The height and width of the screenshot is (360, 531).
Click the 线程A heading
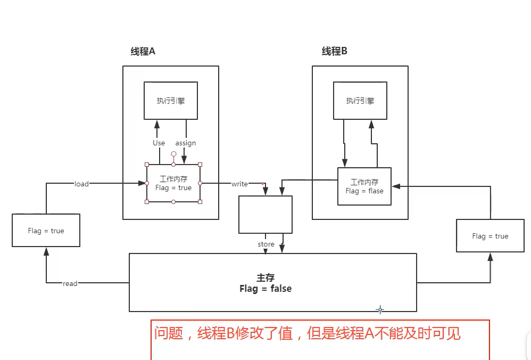143,51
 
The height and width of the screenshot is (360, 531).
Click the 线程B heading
334,51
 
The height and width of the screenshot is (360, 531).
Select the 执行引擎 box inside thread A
171,101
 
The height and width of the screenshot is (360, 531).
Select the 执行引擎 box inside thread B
360,101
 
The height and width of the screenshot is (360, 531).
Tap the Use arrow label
159,143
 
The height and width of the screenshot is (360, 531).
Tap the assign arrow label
186,143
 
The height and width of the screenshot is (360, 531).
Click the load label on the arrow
81,184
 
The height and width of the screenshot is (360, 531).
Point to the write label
239,184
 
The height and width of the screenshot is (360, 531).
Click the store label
266,244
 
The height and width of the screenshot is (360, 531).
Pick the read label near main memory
70,283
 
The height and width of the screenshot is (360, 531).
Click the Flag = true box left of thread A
46,231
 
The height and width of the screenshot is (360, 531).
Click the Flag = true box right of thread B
490,236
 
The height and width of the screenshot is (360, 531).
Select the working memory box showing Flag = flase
364,186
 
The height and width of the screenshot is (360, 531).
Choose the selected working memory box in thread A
173,184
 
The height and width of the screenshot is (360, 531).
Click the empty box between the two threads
265,215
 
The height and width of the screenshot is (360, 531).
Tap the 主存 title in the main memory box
265,277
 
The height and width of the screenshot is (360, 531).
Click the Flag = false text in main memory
265,289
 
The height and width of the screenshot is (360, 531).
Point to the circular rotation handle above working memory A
173,154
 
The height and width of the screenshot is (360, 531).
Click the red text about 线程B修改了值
308,334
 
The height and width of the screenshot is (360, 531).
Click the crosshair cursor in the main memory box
380,309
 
